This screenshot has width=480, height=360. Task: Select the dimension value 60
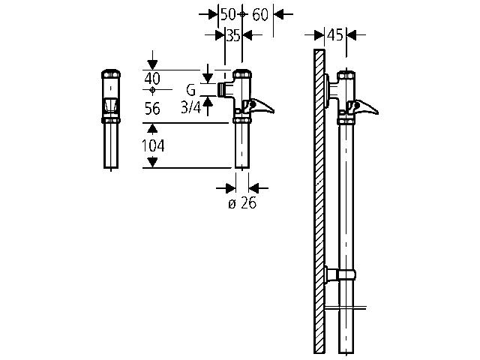point(260,14)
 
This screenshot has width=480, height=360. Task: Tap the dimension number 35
point(233,34)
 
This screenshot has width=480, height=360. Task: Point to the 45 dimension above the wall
point(334,34)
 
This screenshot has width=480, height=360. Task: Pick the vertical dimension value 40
point(152,77)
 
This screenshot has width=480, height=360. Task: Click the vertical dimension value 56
point(152,109)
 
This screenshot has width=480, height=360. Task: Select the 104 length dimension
point(153,145)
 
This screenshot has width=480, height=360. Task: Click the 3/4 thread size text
point(190,108)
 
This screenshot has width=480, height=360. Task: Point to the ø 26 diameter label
point(242,203)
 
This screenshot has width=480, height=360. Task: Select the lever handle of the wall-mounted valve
point(367,107)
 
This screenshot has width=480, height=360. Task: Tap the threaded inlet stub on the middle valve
point(222,90)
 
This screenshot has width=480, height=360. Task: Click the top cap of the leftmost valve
point(111,76)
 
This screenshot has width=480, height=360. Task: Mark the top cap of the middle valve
point(242,75)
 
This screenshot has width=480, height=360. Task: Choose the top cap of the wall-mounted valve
point(346,76)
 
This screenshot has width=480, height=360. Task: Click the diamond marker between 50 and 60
point(242,14)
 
